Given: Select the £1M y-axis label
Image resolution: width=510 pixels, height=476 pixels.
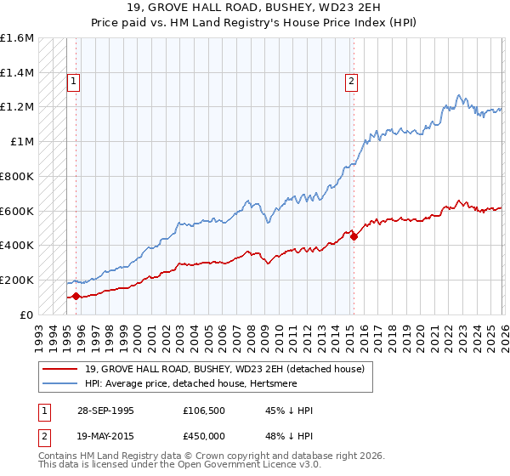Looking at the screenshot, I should [x=23, y=142].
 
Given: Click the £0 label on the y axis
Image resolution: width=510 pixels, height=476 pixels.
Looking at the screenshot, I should [x=28, y=314].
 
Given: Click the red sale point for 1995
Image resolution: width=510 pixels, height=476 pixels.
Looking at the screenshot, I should [x=76, y=296].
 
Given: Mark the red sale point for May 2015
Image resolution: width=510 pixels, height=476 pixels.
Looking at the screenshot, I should [x=354, y=236].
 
